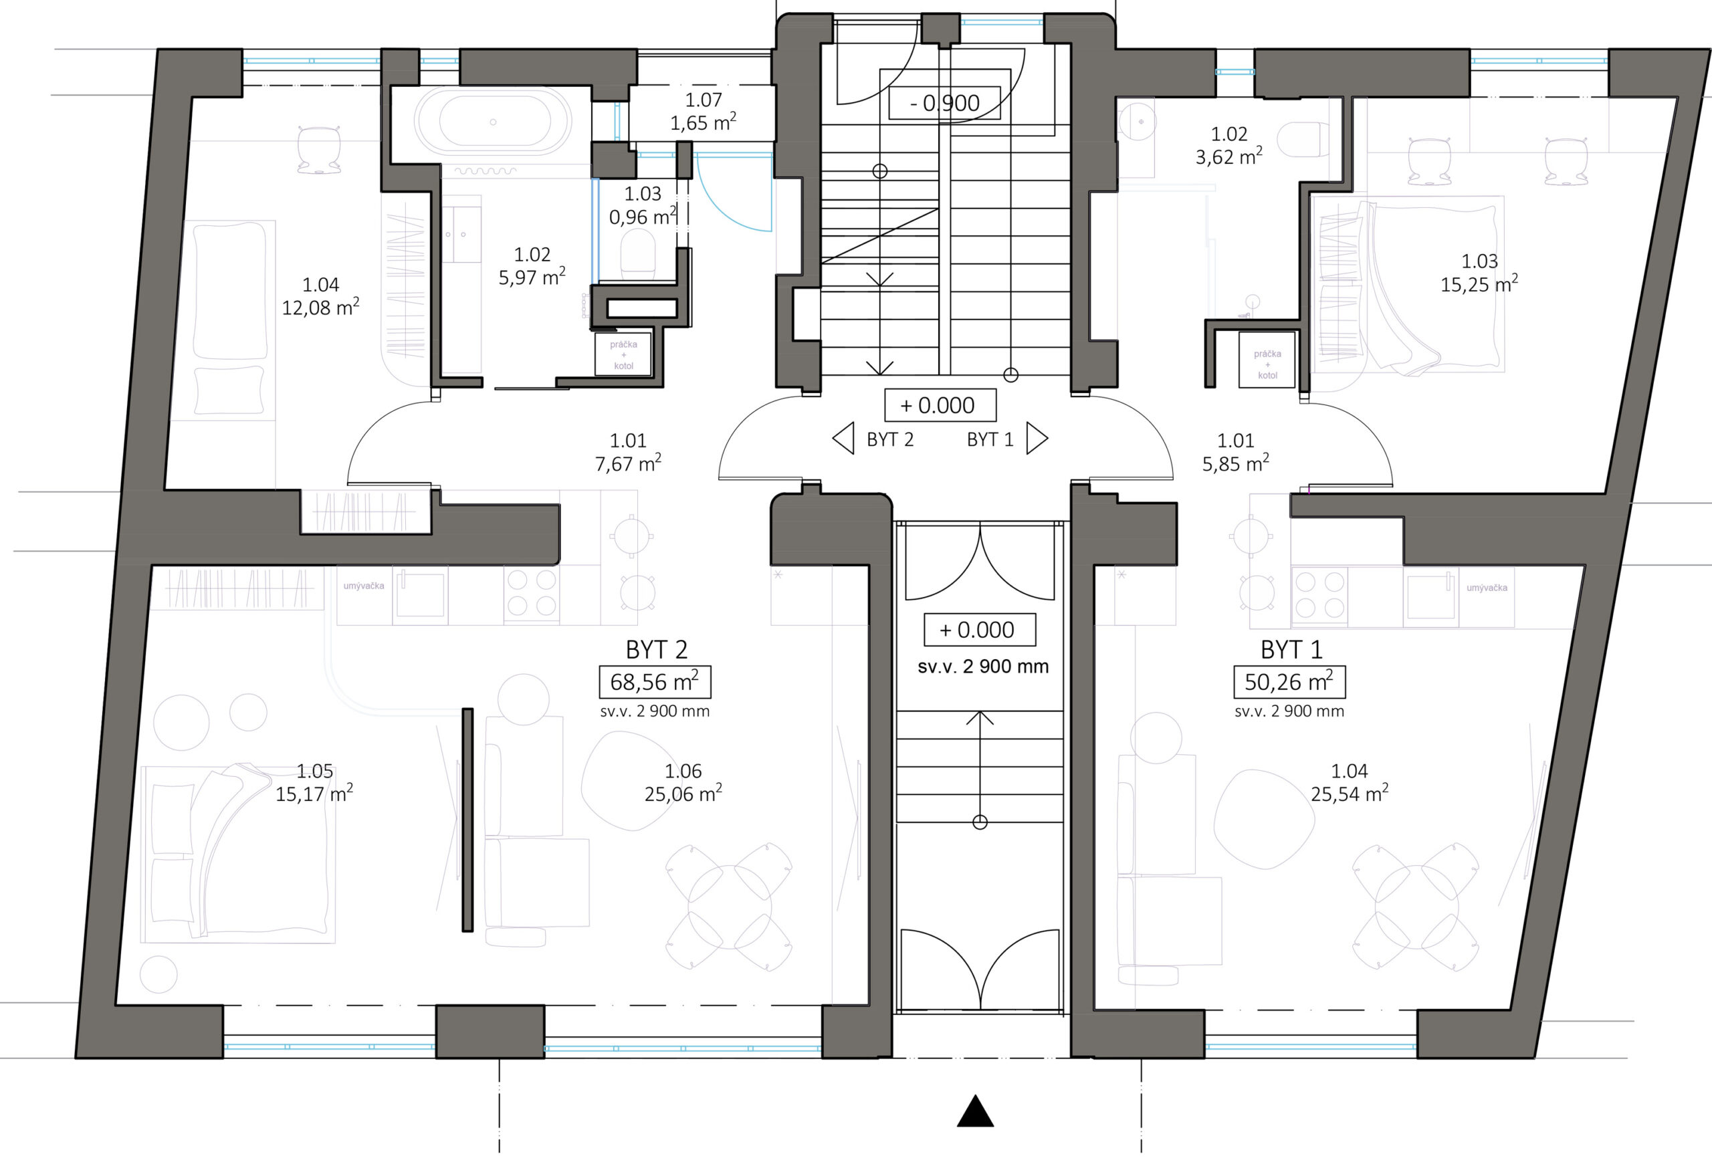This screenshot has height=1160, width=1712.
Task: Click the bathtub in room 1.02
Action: pyautogui.click(x=493, y=122)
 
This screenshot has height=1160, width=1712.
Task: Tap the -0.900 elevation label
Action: pyautogui.click(x=944, y=103)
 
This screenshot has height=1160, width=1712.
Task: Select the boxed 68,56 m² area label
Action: pyautogui.click(x=655, y=682)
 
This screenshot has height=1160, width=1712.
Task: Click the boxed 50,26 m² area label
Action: pyautogui.click(x=1289, y=682)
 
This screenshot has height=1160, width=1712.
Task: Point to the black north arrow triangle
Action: pyautogui.click(x=975, y=1111)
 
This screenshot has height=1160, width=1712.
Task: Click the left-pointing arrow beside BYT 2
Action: pyautogui.click(x=843, y=439)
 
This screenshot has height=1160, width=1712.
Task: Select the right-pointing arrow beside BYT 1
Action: pyautogui.click(x=1037, y=439)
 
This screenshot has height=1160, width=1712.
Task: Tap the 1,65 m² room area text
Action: pyautogui.click(x=703, y=123)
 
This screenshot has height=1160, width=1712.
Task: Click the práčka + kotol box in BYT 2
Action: pyautogui.click(x=623, y=355)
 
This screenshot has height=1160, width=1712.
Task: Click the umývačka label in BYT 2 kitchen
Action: pyautogui.click(x=364, y=586)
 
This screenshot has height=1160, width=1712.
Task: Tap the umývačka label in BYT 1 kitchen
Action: pyautogui.click(x=1487, y=588)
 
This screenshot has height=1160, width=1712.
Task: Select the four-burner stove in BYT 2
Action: pyautogui.click(x=531, y=594)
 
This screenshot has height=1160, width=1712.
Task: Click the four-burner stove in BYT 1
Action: pyautogui.click(x=1319, y=595)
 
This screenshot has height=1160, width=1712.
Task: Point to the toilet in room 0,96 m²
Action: pyautogui.click(x=638, y=255)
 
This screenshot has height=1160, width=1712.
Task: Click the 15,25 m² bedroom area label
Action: pyautogui.click(x=1479, y=284)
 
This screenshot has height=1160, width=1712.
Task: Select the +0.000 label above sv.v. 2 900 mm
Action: pyautogui.click(x=980, y=630)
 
